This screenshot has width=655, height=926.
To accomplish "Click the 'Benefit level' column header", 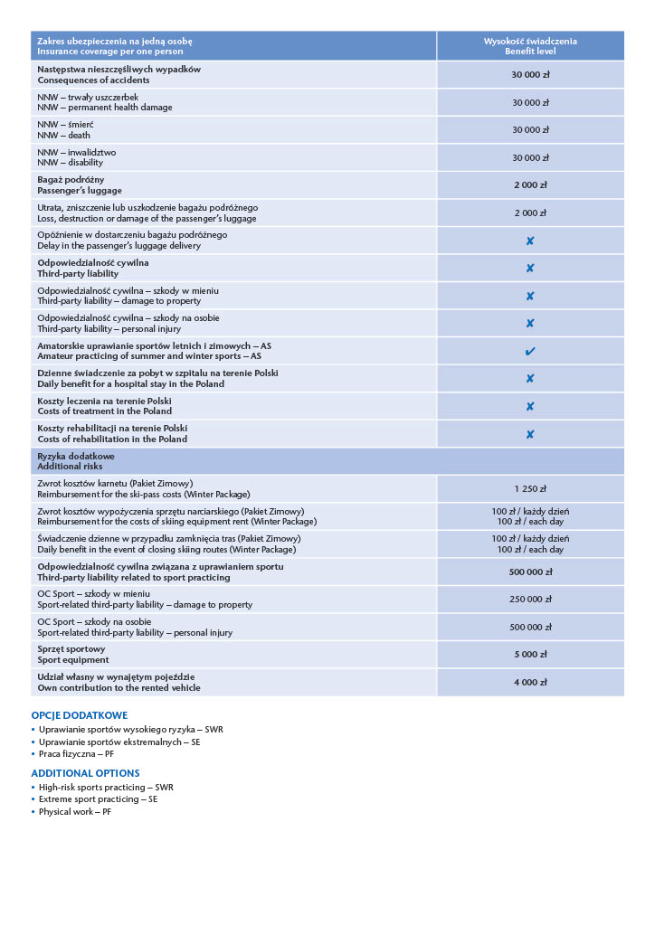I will [529, 52].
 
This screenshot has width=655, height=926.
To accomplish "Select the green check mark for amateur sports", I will [530, 351].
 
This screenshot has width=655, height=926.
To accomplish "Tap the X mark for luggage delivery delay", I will [530, 241].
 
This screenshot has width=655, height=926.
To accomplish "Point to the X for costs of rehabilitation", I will [530, 434].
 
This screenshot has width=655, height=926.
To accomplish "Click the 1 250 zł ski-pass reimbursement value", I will [530, 488].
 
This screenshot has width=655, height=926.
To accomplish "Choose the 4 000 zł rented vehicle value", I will [530, 682].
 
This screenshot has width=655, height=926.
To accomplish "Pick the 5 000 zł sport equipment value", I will [530, 654].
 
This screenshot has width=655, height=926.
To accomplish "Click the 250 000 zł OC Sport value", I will [530, 599].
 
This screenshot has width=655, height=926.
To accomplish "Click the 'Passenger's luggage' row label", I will [80, 191].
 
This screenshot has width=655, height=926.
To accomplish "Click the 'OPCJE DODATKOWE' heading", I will [80, 715].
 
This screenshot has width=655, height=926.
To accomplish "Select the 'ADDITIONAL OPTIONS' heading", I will [85, 773].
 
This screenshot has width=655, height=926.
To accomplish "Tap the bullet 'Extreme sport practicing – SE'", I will [98, 799].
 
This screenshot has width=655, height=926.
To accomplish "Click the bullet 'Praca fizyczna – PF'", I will [76, 753].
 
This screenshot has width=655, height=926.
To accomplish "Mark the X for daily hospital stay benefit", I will [530, 379].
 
